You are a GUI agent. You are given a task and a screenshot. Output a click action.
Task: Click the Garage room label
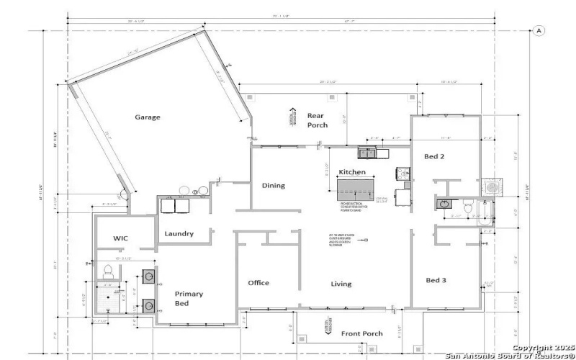click(x=148, y=117)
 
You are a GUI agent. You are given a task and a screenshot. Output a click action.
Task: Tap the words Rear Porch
click(x=317, y=120)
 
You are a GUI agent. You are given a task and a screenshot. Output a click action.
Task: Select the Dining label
click(x=273, y=186)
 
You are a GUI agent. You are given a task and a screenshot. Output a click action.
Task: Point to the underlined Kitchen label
click(x=352, y=173)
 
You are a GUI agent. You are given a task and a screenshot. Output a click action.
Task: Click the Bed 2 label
click(x=433, y=156)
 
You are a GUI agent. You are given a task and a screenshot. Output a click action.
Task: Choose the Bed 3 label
click(x=437, y=280)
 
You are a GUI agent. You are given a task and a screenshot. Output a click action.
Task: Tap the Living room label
click(x=341, y=284)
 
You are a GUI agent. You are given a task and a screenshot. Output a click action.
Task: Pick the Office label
click(x=258, y=282)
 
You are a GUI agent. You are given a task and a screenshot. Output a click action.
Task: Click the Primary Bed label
click(x=189, y=299)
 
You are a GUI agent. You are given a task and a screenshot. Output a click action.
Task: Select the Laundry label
click(x=179, y=233)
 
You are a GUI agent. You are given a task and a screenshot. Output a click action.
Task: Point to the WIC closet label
click(x=120, y=238)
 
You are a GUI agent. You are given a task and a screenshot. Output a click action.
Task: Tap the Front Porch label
click(x=361, y=333)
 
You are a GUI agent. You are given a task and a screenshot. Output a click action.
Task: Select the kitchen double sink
click(x=366, y=153)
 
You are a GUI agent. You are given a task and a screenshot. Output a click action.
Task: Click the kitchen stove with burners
click(x=402, y=174)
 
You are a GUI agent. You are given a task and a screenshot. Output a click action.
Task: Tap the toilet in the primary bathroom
click(x=108, y=271)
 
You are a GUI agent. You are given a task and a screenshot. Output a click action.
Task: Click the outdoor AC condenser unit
click(x=492, y=186)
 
